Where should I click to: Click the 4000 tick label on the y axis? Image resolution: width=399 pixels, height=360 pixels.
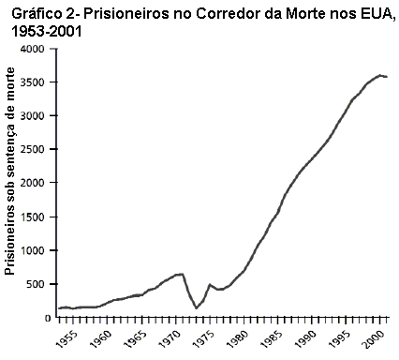[x=33, y=49]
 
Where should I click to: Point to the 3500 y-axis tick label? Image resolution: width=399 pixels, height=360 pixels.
[x=33, y=82]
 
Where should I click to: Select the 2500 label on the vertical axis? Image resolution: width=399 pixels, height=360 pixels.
[x=33, y=150]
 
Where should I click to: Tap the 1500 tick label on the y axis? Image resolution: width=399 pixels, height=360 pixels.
[x=33, y=217]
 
